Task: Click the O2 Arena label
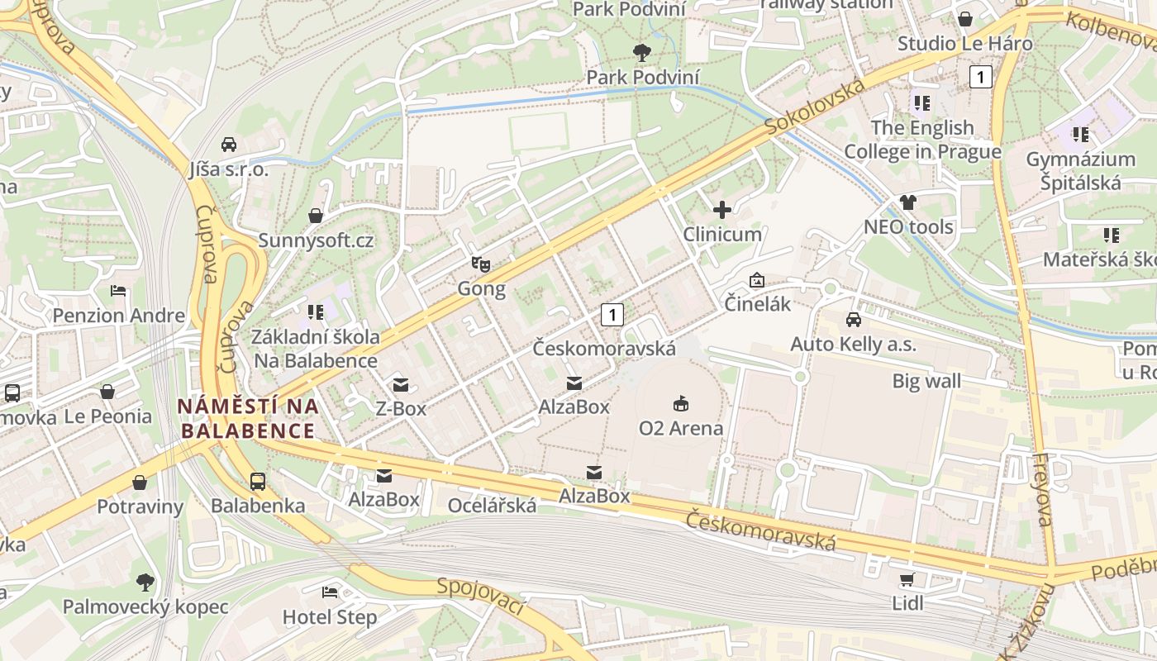click(681, 428)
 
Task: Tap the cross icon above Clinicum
click(722, 210)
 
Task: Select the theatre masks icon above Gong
click(481, 264)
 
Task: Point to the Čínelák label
click(758, 304)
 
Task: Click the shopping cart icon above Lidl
click(907, 579)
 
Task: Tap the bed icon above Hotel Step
click(330, 592)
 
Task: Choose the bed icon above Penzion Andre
click(118, 292)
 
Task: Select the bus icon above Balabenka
click(258, 481)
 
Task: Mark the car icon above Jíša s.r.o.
click(229, 145)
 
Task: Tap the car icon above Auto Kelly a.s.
click(853, 319)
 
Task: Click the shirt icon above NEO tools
click(908, 202)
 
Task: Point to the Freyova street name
click(1044, 489)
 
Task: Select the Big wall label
click(926, 381)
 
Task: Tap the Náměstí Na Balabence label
click(248, 418)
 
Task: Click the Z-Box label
click(401, 408)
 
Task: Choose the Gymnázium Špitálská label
click(1080, 170)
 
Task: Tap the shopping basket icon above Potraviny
click(140, 483)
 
